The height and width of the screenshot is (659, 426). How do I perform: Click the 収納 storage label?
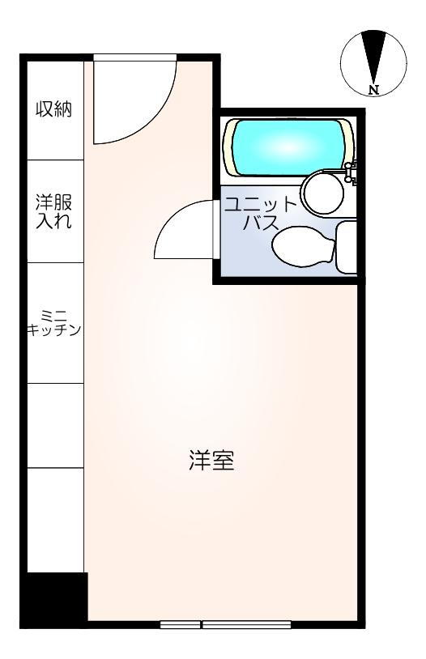[x=53, y=109]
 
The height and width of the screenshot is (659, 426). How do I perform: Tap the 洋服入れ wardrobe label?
[x=53, y=211]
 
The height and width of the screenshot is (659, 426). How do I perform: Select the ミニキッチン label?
[x=53, y=323]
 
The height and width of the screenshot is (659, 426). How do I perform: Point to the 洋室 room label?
[x=211, y=460]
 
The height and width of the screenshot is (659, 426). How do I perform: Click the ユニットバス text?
[x=261, y=214]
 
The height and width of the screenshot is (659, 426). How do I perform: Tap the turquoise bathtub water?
[x=288, y=147]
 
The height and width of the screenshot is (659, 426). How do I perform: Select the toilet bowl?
[x=303, y=247]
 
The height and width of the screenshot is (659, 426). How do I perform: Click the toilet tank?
[x=347, y=247]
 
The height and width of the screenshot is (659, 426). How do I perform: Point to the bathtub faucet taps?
[x=351, y=172]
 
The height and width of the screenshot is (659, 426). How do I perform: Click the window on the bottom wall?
[x=225, y=624]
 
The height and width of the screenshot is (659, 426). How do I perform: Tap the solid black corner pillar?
[x=53, y=600]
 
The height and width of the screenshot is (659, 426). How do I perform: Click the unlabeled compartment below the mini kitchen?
[x=56, y=425]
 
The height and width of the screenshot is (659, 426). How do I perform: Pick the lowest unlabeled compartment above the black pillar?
[x=56, y=521]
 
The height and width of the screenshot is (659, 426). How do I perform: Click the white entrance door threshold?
[x=135, y=58]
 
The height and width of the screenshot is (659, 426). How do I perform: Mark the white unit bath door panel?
[x=215, y=229]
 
